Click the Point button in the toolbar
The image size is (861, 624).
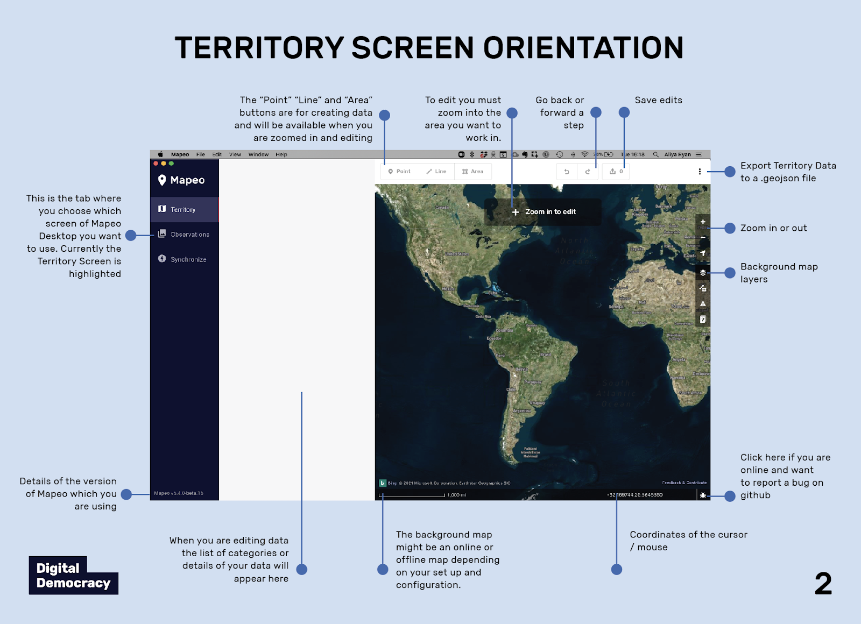click(x=399, y=172)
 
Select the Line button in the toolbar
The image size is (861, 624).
click(x=436, y=172)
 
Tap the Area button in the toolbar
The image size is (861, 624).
click(x=473, y=172)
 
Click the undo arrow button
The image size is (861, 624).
click(x=567, y=172)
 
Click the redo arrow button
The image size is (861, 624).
click(x=588, y=172)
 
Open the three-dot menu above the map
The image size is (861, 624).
click(x=700, y=172)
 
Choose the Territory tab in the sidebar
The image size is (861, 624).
click(x=184, y=209)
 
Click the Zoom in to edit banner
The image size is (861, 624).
click(x=544, y=212)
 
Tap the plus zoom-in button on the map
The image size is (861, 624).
click(x=703, y=222)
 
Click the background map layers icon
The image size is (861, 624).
click(x=703, y=273)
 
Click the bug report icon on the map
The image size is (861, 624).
click(x=703, y=495)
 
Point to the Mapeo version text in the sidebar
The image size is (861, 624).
click(x=179, y=493)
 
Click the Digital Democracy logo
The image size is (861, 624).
click(x=73, y=575)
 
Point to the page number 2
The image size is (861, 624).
click(x=823, y=584)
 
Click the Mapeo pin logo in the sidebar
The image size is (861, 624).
click(x=162, y=180)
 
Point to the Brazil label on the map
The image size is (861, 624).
click(x=545, y=355)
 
